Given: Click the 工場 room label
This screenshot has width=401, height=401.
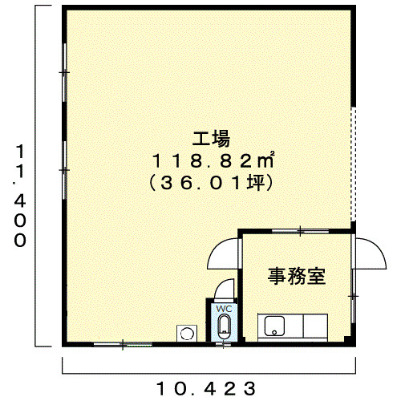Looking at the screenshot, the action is (211, 139).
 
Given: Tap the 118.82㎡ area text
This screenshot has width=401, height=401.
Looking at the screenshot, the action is (213, 160).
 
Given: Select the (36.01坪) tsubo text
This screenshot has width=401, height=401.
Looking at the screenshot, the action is (211, 183).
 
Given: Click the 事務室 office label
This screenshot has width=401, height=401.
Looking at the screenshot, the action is (297, 276).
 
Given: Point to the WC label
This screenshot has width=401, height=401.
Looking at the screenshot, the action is (224, 309).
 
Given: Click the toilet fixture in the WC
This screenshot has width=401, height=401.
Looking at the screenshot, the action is (224, 326).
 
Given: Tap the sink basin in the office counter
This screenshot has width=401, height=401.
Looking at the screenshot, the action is (274, 326).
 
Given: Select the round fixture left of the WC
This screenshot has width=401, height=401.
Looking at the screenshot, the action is (187, 333).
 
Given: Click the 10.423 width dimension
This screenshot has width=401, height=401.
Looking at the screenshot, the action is (206, 388).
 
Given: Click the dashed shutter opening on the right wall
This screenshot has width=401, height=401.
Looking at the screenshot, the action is (354, 164).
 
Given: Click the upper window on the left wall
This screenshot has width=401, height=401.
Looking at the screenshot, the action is (64, 72).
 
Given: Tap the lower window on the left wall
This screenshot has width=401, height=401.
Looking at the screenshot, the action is (64, 170).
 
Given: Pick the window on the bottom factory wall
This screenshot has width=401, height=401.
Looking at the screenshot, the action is (123, 344).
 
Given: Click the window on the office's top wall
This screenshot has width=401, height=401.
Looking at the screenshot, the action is (300, 231).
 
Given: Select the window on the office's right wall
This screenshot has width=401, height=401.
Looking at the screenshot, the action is (354, 296).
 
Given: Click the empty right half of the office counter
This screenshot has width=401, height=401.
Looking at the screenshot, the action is (315, 326).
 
